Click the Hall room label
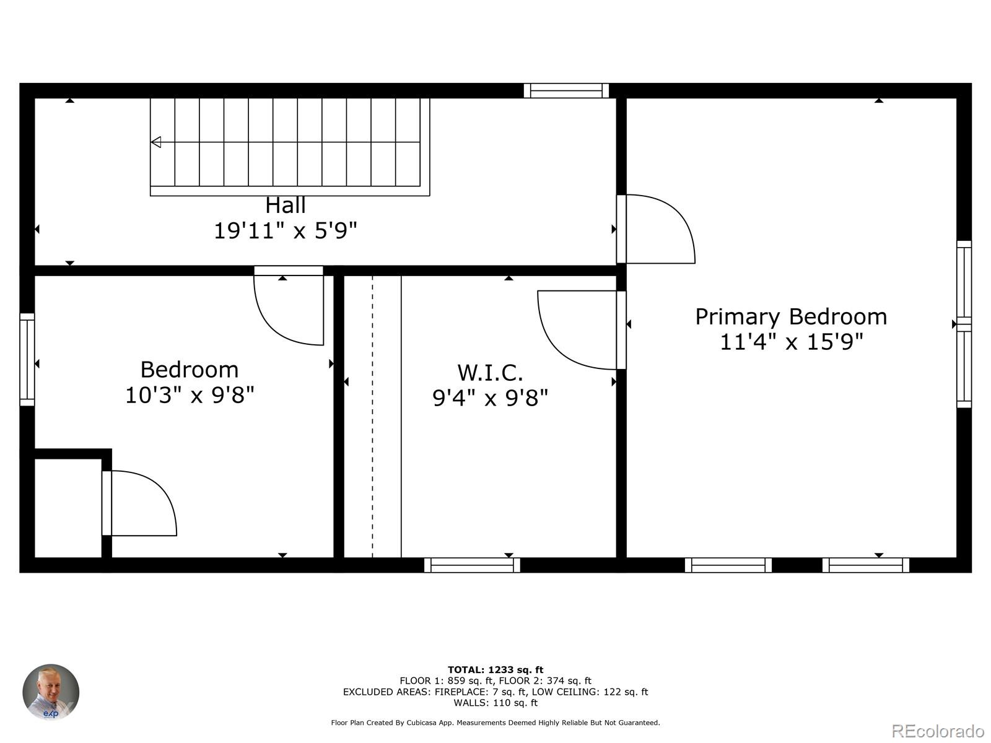[x=286, y=205]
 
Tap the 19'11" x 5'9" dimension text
[x=286, y=231]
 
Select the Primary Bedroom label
[x=791, y=316]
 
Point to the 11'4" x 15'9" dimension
[x=791, y=342]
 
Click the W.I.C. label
[x=490, y=373]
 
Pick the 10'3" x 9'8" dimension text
[x=190, y=395]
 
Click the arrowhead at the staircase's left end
[x=156, y=142]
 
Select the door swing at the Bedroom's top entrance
[x=289, y=310]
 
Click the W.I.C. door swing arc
[x=577, y=330]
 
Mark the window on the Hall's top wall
[x=566, y=90]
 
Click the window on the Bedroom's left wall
[x=27, y=360]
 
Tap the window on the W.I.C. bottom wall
[x=472, y=565]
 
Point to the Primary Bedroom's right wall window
[x=964, y=324]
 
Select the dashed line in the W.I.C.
[x=372, y=416]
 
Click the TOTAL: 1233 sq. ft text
[x=495, y=669]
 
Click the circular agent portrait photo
[x=51, y=692]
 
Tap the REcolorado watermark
[x=938, y=731]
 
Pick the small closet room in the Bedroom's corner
[x=68, y=508]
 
